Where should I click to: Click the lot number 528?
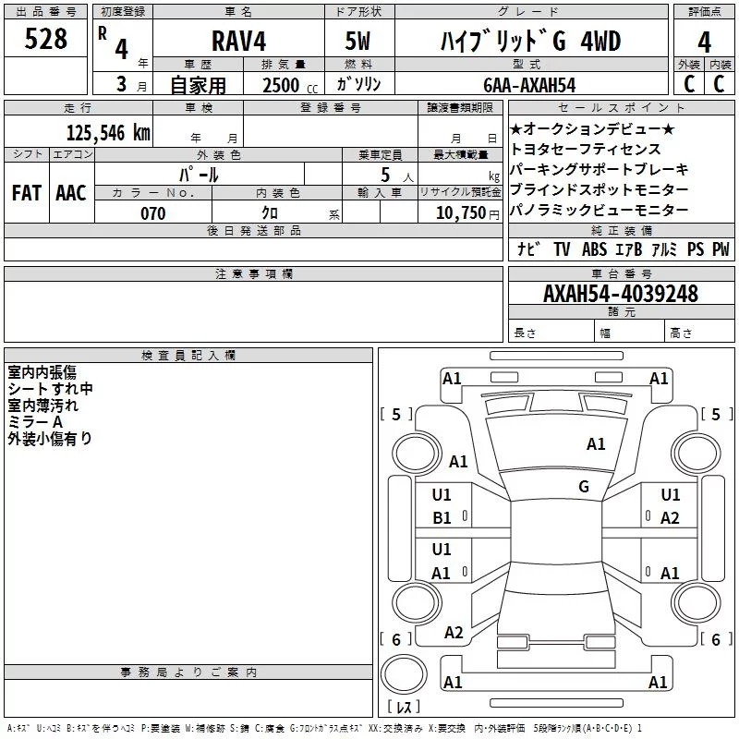click(x=45, y=39)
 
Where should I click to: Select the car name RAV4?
click(x=238, y=41)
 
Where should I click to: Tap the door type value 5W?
click(x=357, y=41)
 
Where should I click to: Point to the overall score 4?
click(x=704, y=42)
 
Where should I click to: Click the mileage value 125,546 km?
click(x=108, y=133)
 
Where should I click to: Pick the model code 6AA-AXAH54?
click(x=529, y=85)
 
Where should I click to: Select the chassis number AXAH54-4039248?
click(x=620, y=294)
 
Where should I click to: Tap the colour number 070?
click(x=153, y=213)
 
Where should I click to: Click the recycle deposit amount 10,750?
click(x=461, y=212)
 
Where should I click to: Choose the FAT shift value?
click(x=27, y=193)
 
